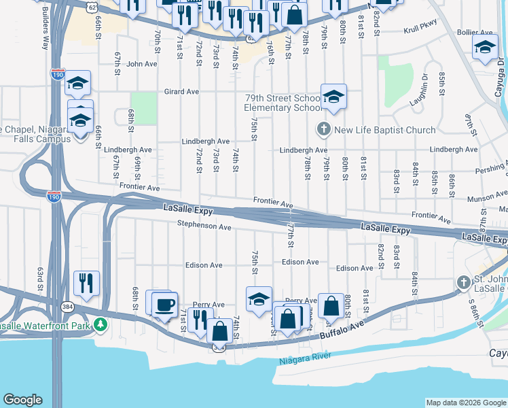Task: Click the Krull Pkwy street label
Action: [420, 31]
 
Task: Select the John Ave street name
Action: [142, 64]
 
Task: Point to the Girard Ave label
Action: [181, 91]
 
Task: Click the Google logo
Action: [22, 400]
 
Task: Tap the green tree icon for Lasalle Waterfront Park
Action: [101, 324]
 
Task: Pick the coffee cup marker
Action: [164, 304]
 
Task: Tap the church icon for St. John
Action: [463, 282]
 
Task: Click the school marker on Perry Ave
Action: [259, 299]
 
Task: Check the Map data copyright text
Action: [465, 403]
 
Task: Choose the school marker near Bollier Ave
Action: [485, 48]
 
